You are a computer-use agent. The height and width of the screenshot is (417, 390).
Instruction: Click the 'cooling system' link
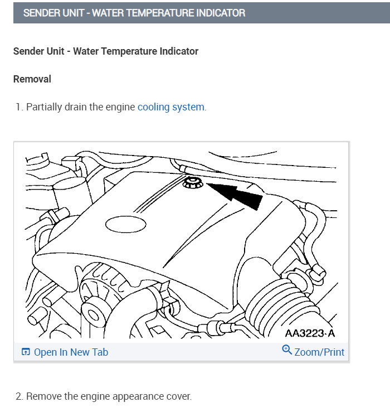pos(171,107)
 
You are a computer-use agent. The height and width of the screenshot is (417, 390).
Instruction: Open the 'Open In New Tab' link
pos(71,352)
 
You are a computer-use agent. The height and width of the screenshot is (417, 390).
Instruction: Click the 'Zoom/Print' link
pos(319,352)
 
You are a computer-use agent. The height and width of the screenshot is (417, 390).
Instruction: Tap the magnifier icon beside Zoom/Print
pos(287,350)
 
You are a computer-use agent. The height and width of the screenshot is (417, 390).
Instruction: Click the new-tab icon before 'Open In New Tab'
pos(26,352)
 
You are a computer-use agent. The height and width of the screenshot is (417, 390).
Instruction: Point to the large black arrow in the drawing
pos(237,196)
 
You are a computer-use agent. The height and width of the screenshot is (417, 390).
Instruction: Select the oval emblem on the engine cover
pos(125,225)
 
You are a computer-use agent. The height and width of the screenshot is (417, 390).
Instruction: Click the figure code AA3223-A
pos(310,333)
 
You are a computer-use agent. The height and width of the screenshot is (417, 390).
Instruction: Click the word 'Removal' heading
pos(32,79)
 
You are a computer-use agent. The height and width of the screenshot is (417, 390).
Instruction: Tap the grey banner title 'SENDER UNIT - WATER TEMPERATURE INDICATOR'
pos(134,13)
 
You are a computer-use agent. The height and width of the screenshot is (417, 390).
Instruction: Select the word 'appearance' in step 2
pos(129,397)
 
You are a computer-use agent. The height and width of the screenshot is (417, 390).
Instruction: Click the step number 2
pos(18,397)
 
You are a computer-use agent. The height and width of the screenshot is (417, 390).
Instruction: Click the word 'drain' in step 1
pos(76,107)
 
